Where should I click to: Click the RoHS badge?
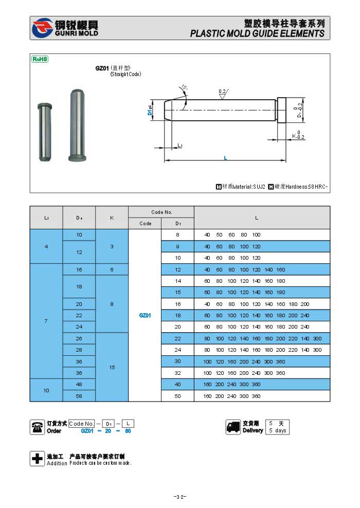(40, 59)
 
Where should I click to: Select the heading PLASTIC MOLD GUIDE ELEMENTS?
(257, 33)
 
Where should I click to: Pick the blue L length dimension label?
(225, 158)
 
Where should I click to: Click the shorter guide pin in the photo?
(45, 133)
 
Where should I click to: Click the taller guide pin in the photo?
(76, 125)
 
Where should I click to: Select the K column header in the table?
(112, 217)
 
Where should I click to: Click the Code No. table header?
(161, 212)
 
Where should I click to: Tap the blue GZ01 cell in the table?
(145, 315)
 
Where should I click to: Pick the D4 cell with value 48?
(79, 385)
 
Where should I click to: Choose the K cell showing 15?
(112, 367)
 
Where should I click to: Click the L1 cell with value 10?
(46, 390)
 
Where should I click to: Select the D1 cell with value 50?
(177, 396)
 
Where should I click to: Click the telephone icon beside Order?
(37, 427)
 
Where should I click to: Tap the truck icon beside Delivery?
(233, 427)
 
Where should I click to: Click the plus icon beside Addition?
(37, 459)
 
